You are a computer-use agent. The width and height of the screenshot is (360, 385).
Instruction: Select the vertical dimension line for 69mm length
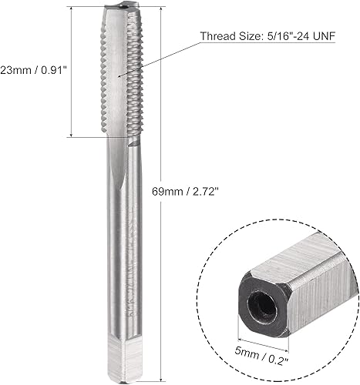[x=158, y=231]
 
